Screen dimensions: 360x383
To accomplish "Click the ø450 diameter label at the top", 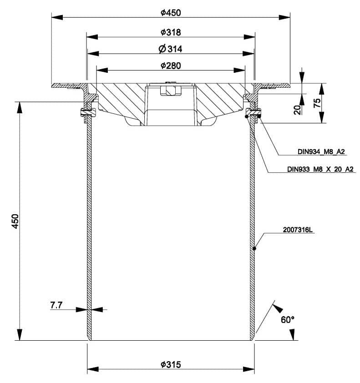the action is coord(171,13).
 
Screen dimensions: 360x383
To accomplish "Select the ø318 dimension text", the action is coord(171,32).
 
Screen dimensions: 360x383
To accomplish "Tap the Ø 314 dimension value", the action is coord(170,49).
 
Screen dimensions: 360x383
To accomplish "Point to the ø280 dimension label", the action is coord(171,66).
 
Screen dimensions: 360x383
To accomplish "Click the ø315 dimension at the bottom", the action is coord(171,365).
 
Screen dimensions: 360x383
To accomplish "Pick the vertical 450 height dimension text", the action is coord(15,222).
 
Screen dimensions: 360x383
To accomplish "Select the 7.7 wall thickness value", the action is coord(56,305).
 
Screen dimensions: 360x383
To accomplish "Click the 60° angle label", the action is coord(288,320).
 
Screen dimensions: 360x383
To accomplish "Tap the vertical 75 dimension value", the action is coord(317,103).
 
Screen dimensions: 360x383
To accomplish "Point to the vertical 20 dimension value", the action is coord(297,110).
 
